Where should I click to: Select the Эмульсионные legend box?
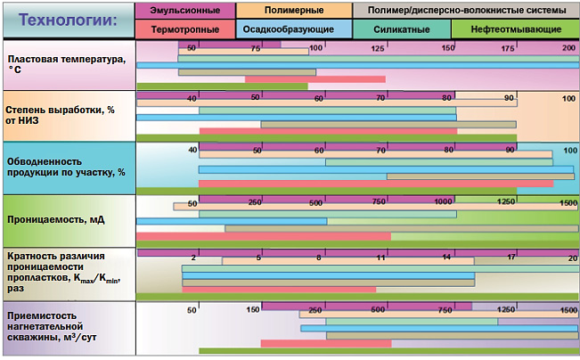tap(186, 11)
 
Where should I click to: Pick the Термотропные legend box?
tap(186, 29)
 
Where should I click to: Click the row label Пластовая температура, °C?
tap(66, 63)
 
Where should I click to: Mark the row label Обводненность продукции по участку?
tap(66, 167)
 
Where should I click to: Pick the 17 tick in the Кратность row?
tap(511, 258)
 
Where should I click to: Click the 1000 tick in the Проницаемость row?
tap(443, 203)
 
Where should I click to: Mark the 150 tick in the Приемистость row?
tap(252, 309)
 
